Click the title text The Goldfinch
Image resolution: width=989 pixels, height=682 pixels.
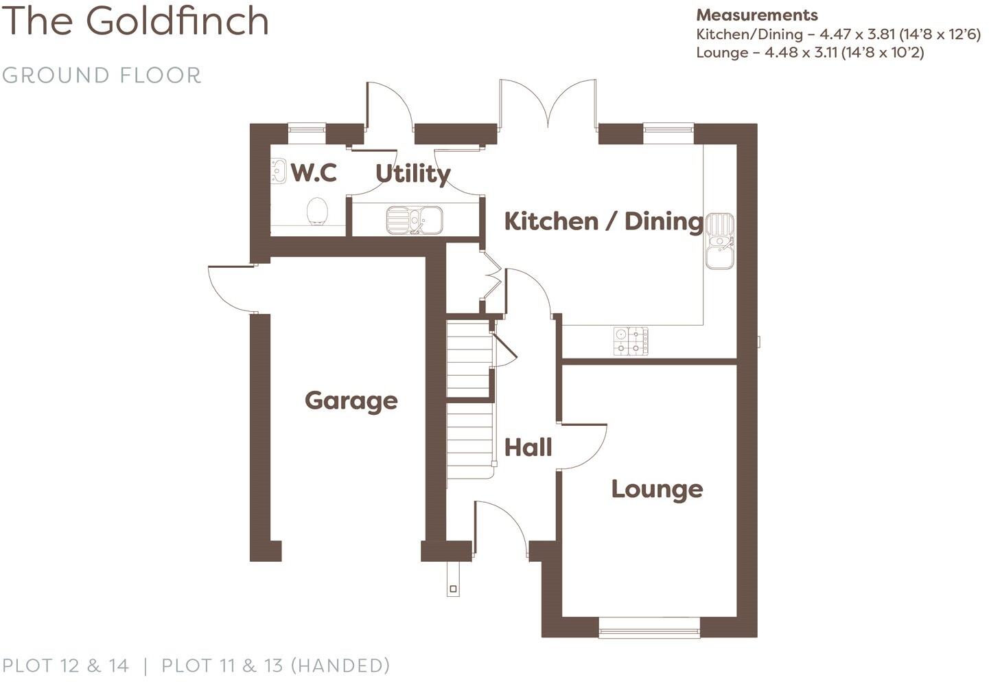click(137, 21)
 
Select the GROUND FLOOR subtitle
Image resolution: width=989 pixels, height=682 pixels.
click(102, 75)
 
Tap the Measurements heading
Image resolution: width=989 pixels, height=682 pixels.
click(757, 15)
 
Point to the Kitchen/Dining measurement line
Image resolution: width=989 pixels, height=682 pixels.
click(838, 34)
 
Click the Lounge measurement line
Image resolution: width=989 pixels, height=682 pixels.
click(810, 53)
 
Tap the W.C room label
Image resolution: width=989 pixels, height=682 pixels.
click(314, 172)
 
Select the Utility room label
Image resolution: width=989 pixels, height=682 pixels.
click(412, 173)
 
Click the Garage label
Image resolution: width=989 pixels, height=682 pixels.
click(351, 400)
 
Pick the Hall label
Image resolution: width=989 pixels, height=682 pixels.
click(528, 448)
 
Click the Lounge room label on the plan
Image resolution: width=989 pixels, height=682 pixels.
click(657, 489)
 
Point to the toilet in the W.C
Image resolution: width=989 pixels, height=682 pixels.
click(317, 210)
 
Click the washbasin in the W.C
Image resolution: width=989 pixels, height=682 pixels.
click(279, 171)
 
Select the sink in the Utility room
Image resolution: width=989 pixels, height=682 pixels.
click(414, 220)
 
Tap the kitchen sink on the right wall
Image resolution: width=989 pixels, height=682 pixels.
click(719, 240)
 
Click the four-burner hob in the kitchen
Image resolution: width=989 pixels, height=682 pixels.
click(631, 341)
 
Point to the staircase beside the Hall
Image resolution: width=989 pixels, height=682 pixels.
click(470, 398)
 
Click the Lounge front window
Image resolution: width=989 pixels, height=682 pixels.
click(649, 626)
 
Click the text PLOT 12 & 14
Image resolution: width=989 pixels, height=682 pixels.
click(66, 666)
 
